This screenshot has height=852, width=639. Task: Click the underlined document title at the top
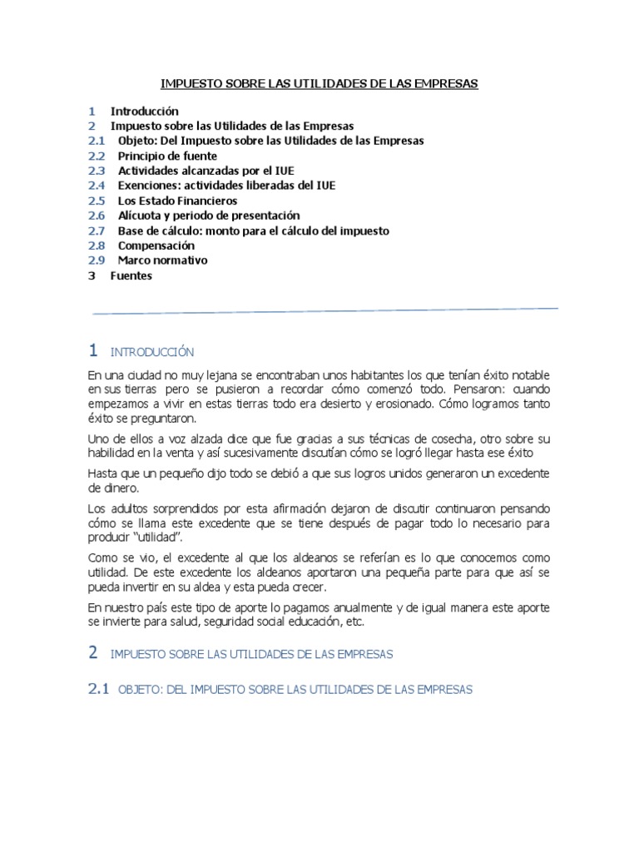pyautogui.click(x=319, y=84)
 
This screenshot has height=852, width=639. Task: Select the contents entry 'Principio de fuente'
pyautogui.click(x=167, y=156)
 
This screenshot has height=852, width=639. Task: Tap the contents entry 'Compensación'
pyautogui.click(x=156, y=245)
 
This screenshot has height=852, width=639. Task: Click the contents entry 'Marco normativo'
pyautogui.click(x=163, y=260)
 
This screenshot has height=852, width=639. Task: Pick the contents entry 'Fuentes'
pyautogui.click(x=131, y=275)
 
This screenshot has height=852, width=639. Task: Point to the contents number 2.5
pyautogui.click(x=97, y=201)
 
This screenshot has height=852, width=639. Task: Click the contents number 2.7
pyautogui.click(x=97, y=230)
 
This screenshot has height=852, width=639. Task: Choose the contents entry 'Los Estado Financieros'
pyautogui.click(x=177, y=201)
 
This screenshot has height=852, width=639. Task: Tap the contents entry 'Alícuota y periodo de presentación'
pyautogui.click(x=209, y=215)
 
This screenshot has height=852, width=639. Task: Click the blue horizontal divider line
pyautogui.click(x=324, y=311)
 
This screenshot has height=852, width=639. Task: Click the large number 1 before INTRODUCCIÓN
pyautogui.click(x=93, y=350)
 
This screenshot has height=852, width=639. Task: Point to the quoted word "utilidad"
pyautogui.click(x=158, y=537)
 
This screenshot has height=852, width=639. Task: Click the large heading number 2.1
pyautogui.click(x=98, y=689)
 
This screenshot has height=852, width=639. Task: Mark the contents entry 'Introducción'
pyautogui.click(x=145, y=111)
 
